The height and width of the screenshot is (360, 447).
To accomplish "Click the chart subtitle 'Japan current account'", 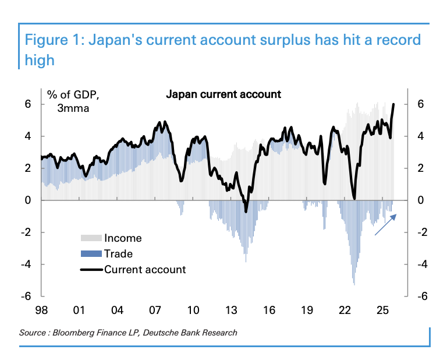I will point(223,94).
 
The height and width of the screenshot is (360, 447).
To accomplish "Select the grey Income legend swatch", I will point(91,238).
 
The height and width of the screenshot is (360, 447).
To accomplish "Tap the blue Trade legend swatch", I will point(91,254).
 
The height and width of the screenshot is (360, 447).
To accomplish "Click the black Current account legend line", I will point(91,270).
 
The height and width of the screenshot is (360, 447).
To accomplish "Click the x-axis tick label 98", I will point(42,308).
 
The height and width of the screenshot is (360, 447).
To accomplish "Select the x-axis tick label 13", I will point(232,308).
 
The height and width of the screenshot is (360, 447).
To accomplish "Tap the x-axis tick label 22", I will point(345,308).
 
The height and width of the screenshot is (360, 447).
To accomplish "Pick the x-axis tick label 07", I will point(155,308).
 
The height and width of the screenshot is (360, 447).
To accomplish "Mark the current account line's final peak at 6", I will point(393,105).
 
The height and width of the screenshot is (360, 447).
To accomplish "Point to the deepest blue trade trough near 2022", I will point(354,284).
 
